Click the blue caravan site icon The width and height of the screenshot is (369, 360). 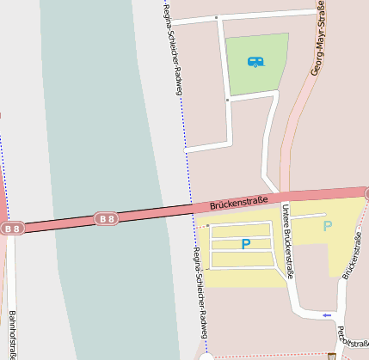(255, 62)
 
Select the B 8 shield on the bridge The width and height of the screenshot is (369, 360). (107, 219)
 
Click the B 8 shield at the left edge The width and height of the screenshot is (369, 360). (11, 229)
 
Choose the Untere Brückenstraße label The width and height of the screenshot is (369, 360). (288, 241)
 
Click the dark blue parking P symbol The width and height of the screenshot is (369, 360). (245, 244)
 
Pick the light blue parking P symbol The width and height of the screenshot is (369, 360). (327, 227)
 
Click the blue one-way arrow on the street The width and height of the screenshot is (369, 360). (326, 315)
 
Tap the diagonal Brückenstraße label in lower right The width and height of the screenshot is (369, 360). (353, 258)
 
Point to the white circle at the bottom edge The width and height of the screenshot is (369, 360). (206, 357)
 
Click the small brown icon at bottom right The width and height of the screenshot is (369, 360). (332, 356)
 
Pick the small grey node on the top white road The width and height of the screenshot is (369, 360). (217, 18)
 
